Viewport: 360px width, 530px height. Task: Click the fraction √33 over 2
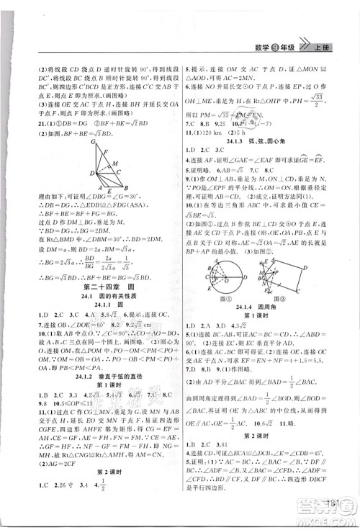[x=330, y=100]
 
